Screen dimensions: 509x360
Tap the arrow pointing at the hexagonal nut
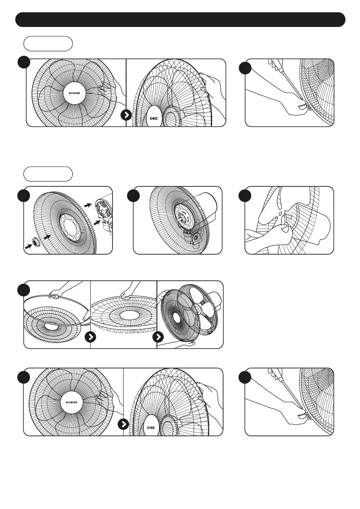(x=30, y=247)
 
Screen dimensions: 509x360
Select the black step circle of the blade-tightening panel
(x=244, y=196)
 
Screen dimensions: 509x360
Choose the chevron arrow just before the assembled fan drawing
(x=158, y=337)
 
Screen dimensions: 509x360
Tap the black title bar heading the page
(x=180, y=20)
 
